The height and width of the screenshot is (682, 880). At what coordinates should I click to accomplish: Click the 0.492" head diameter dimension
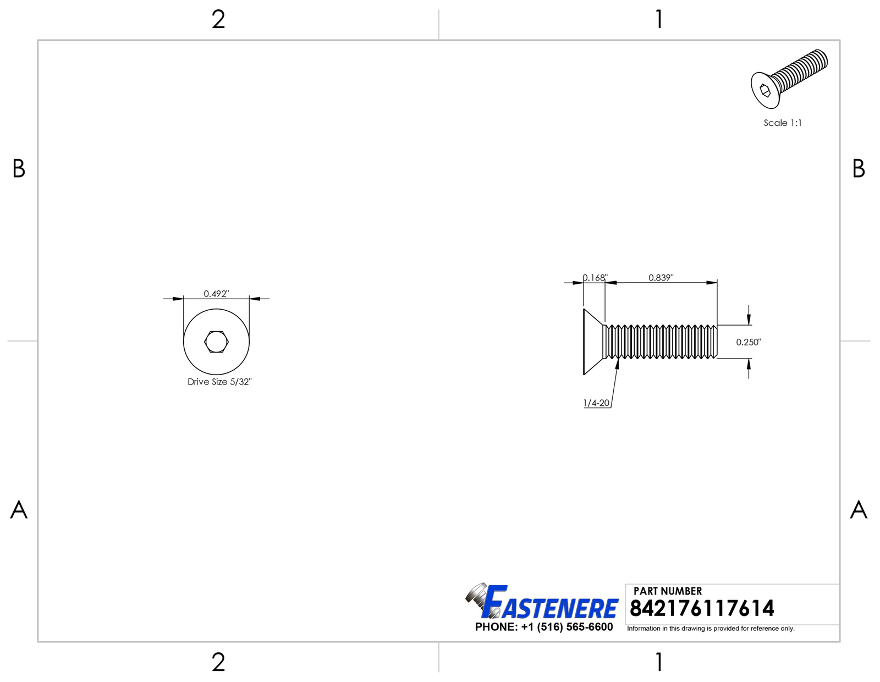(216, 294)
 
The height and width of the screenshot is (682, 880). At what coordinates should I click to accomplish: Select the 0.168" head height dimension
(595, 278)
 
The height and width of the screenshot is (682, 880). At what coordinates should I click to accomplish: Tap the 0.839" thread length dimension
(661, 278)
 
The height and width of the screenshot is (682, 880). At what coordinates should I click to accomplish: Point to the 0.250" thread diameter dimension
(749, 342)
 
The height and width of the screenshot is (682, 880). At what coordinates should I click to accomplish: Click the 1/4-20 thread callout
(596, 403)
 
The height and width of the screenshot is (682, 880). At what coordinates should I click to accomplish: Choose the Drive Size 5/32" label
(219, 382)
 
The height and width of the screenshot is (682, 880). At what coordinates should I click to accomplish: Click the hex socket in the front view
(216, 342)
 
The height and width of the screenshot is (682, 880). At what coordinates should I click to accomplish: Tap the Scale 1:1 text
(783, 123)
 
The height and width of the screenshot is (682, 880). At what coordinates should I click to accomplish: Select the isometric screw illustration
(789, 79)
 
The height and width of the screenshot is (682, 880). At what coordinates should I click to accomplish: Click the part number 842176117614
(702, 608)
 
